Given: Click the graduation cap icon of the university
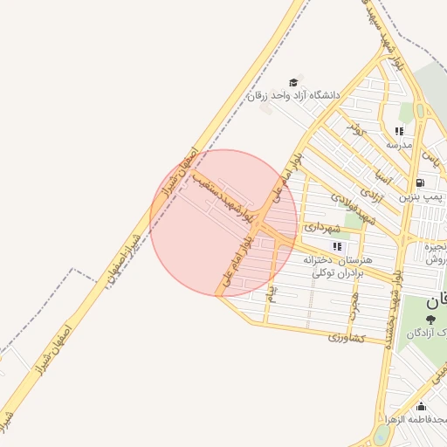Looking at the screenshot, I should point(292,82).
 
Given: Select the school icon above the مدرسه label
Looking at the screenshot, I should point(399,131).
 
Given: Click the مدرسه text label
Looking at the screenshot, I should point(399,144).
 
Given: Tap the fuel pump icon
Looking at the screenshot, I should point(422,183).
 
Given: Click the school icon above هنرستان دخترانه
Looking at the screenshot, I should point(337,246).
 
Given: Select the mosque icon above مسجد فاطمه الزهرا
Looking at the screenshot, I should point(422,406).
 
